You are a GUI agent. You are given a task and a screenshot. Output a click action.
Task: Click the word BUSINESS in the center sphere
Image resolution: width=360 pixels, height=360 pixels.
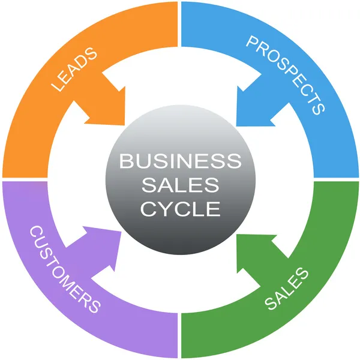point(180,161)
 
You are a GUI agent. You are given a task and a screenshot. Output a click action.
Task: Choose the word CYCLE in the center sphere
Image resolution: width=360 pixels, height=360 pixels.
point(180,209)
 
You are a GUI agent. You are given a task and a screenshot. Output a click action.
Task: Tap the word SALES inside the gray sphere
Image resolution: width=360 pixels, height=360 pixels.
point(180,185)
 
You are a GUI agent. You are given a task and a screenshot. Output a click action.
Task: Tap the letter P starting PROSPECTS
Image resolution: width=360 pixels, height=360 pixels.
point(252,43)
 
